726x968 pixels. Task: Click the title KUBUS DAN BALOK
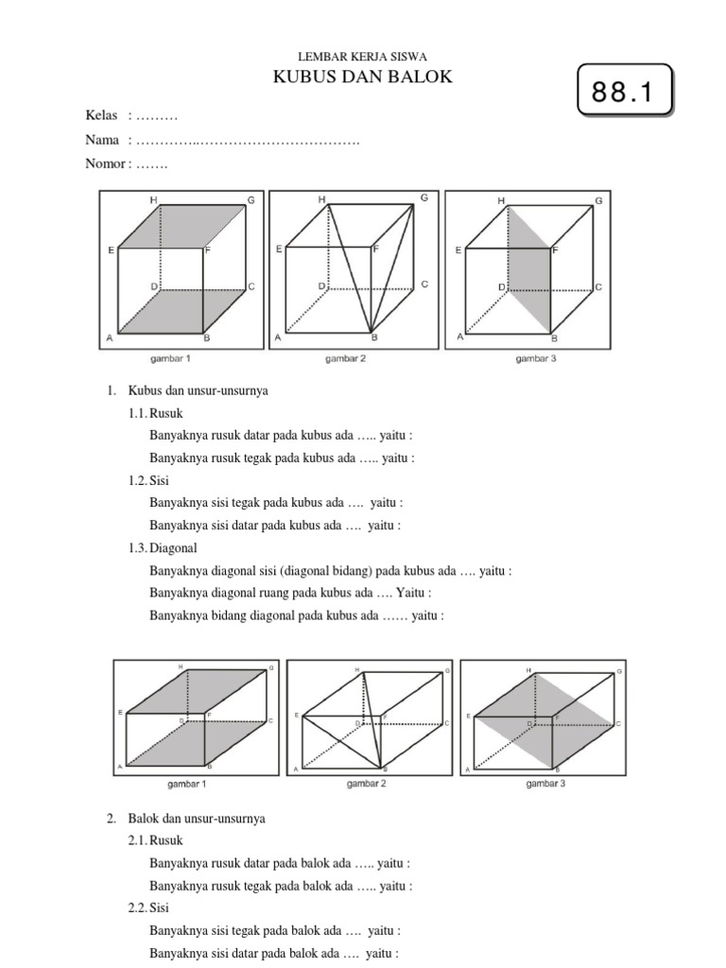[363, 77]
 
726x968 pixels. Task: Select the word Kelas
[102, 115]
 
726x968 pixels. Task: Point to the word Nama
[102, 140]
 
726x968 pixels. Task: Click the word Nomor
[105, 164]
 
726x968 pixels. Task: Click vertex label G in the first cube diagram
[251, 199]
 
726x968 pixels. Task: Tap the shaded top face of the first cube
[181, 227]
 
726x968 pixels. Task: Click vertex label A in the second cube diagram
[278, 337]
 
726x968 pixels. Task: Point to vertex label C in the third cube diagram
[598, 285]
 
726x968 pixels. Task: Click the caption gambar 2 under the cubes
[346, 359]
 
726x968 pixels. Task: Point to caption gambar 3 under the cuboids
[545, 784]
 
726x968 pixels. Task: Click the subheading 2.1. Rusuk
[156, 840]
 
